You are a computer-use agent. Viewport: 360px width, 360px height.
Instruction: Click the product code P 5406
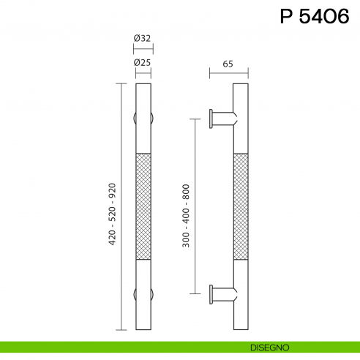[315, 17]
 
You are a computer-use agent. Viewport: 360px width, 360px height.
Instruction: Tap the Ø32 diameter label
[143, 39]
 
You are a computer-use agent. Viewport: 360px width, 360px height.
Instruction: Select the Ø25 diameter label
[143, 63]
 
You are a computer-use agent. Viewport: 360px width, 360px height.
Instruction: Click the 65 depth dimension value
[228, 64]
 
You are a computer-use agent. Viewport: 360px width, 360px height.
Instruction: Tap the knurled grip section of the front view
[143, 206]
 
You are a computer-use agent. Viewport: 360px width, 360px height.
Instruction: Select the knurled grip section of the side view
[241, 206]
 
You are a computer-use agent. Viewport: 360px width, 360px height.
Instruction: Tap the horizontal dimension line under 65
[228, 72]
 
